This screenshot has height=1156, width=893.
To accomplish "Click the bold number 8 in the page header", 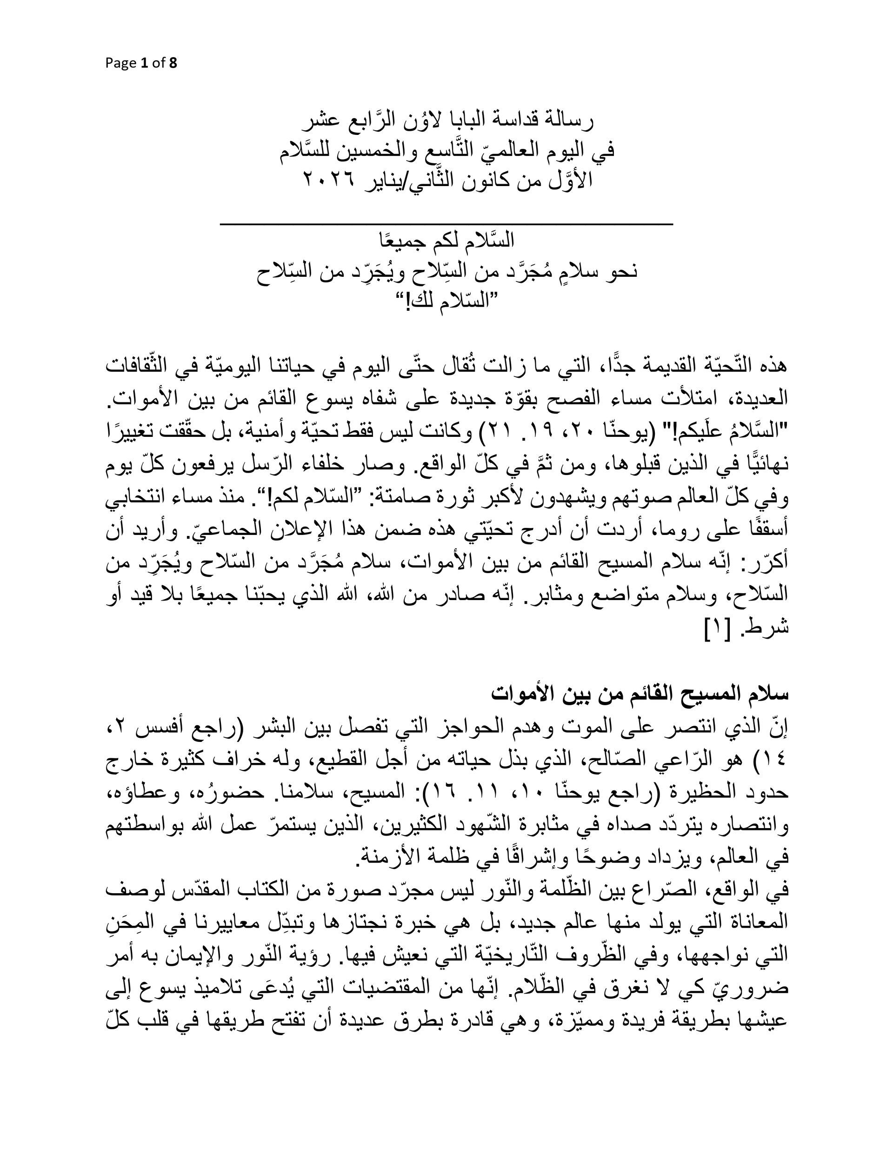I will [173, 64].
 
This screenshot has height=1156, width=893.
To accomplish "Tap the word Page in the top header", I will [120, 64].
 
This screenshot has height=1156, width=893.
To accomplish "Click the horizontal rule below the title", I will [446, 225].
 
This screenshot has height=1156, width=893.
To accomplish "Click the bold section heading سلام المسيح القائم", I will [640, 694].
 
